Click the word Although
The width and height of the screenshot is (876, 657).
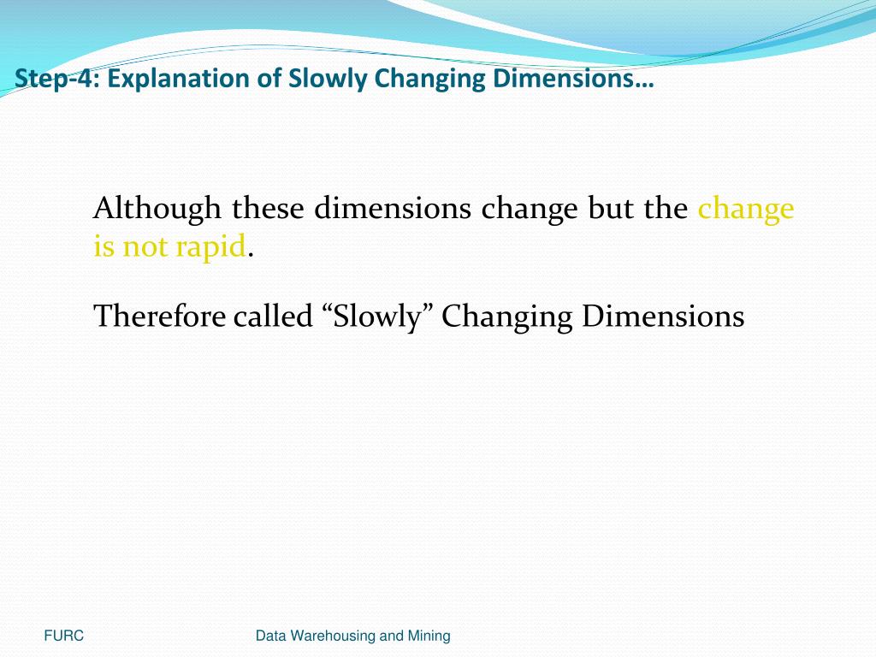pos(158,208)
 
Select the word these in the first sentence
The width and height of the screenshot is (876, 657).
pos(269,208)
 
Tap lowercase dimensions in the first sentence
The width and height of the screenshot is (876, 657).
pos(394,208)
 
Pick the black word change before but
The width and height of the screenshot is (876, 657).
pos(530,208)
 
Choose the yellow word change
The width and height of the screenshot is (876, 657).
pos(746,208)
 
